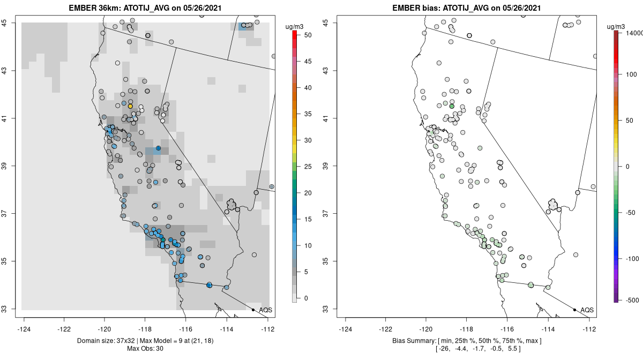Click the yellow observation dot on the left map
click(x=130, y=106)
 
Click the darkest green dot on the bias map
click(x=452, y=106)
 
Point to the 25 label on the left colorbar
click(x=308, y=167)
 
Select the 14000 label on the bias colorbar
click(x=634, y=33)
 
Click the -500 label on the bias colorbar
click(x=633, y=301)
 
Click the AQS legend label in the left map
click(x=265, y=310)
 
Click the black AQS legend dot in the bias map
click(x=574, y=310)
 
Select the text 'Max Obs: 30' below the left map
click(x=145, y=349)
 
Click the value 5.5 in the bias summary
click(x=512, y=349)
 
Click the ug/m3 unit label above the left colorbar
click(x=294, y=27)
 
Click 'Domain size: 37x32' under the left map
click(x=106, y=341)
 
